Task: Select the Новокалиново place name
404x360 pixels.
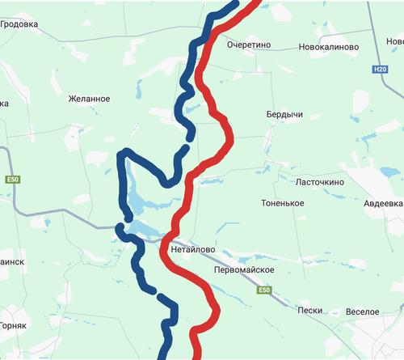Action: coord(328,47)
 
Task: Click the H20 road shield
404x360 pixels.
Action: coord(381,70)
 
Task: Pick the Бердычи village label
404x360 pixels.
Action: coord(284,115)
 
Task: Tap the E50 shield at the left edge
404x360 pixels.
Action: coord(11,179)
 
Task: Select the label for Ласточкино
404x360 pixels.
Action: coord(320,182)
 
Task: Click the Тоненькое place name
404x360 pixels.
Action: coord(283,202)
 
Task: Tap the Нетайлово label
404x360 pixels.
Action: coord(193,250)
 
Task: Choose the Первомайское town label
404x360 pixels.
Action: coord(246,269)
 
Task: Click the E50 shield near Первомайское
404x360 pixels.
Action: coord(264,290)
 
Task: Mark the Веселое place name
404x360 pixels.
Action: coord(362,311)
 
